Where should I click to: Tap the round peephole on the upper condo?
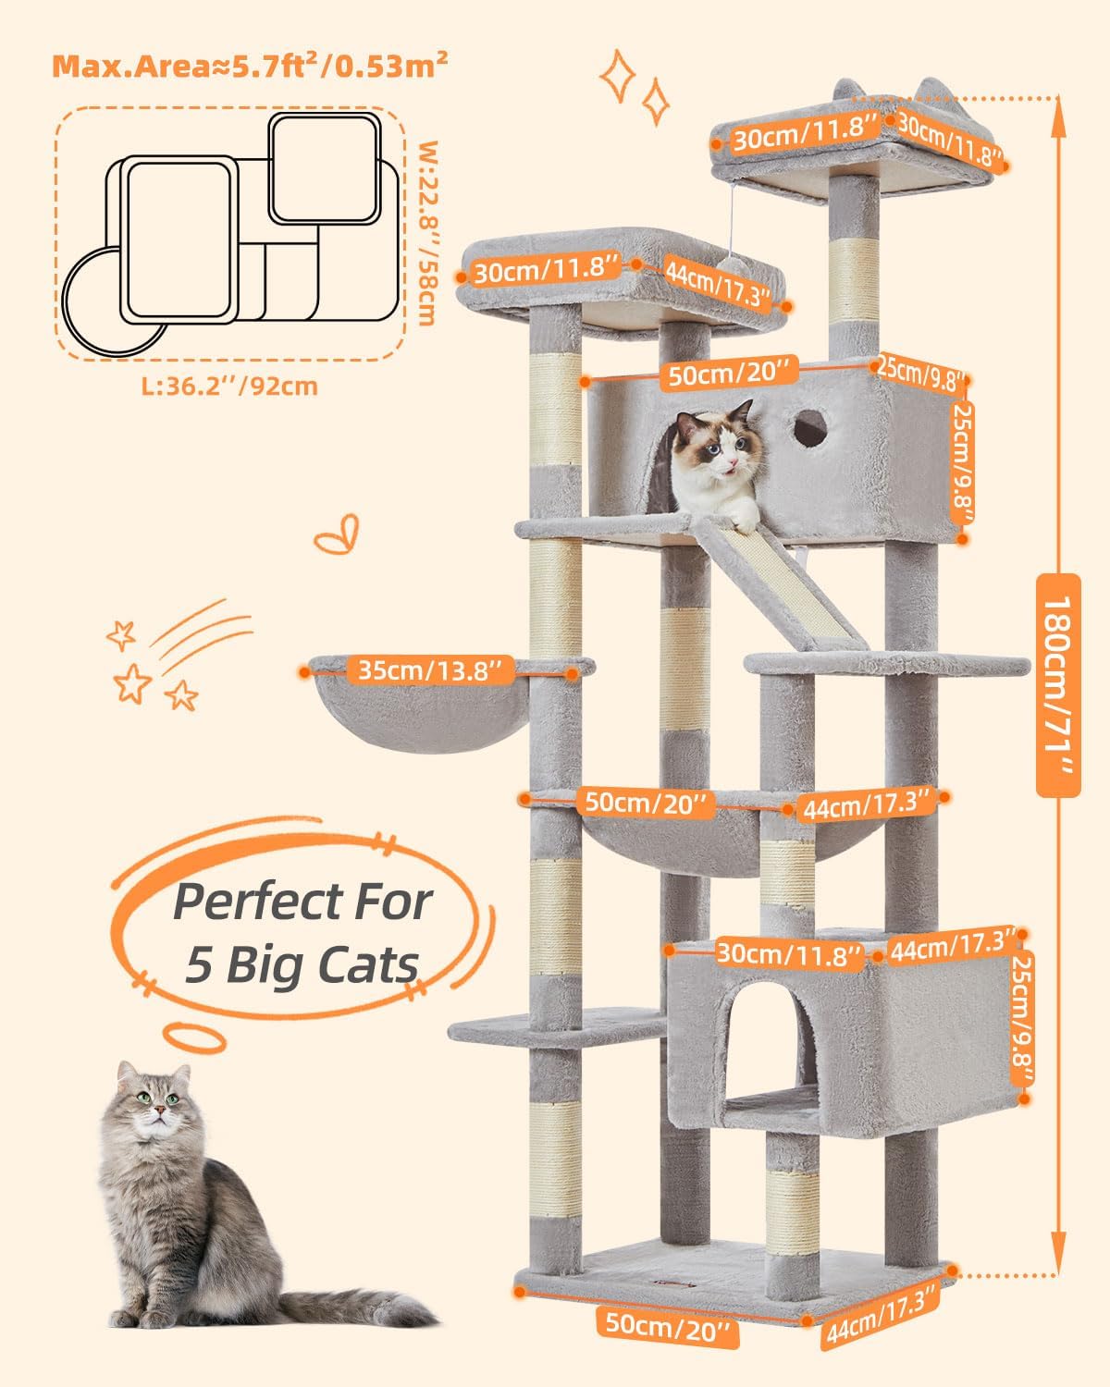810,426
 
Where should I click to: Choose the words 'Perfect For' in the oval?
302,902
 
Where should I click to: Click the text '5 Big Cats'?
302,964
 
